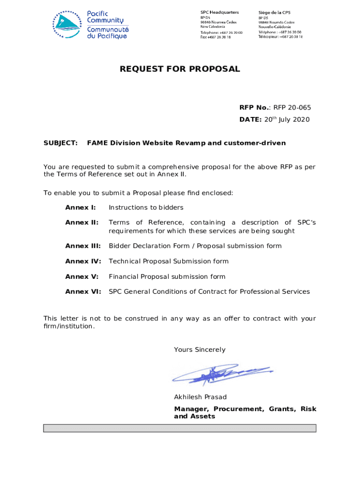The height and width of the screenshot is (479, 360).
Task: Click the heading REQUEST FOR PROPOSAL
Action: tap(180, 69)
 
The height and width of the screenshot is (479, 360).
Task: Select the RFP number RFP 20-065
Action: tap(292, 108)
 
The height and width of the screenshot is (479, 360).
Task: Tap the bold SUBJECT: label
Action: tap(60, 143)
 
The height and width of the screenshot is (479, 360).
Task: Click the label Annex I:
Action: tap(80, 207)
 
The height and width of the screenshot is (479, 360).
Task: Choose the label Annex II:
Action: tap(82, 223)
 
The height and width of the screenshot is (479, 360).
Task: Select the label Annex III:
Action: tap(83, 246)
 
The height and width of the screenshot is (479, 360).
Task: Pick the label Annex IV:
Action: tap(83, 261)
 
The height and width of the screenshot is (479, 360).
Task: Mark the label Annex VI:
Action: tap(83, 291)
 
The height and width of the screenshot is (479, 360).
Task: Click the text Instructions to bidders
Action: tap(146, 207)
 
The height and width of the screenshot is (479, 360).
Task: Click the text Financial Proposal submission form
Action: tap(167, 276)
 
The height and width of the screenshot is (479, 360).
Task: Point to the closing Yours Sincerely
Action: tap(200, 349)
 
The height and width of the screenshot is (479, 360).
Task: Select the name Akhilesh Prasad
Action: tap(200, 397)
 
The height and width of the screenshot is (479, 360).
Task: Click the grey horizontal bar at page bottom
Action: tap(180, 428)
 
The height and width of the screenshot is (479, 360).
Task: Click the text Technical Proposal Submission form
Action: tap(168, 261)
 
